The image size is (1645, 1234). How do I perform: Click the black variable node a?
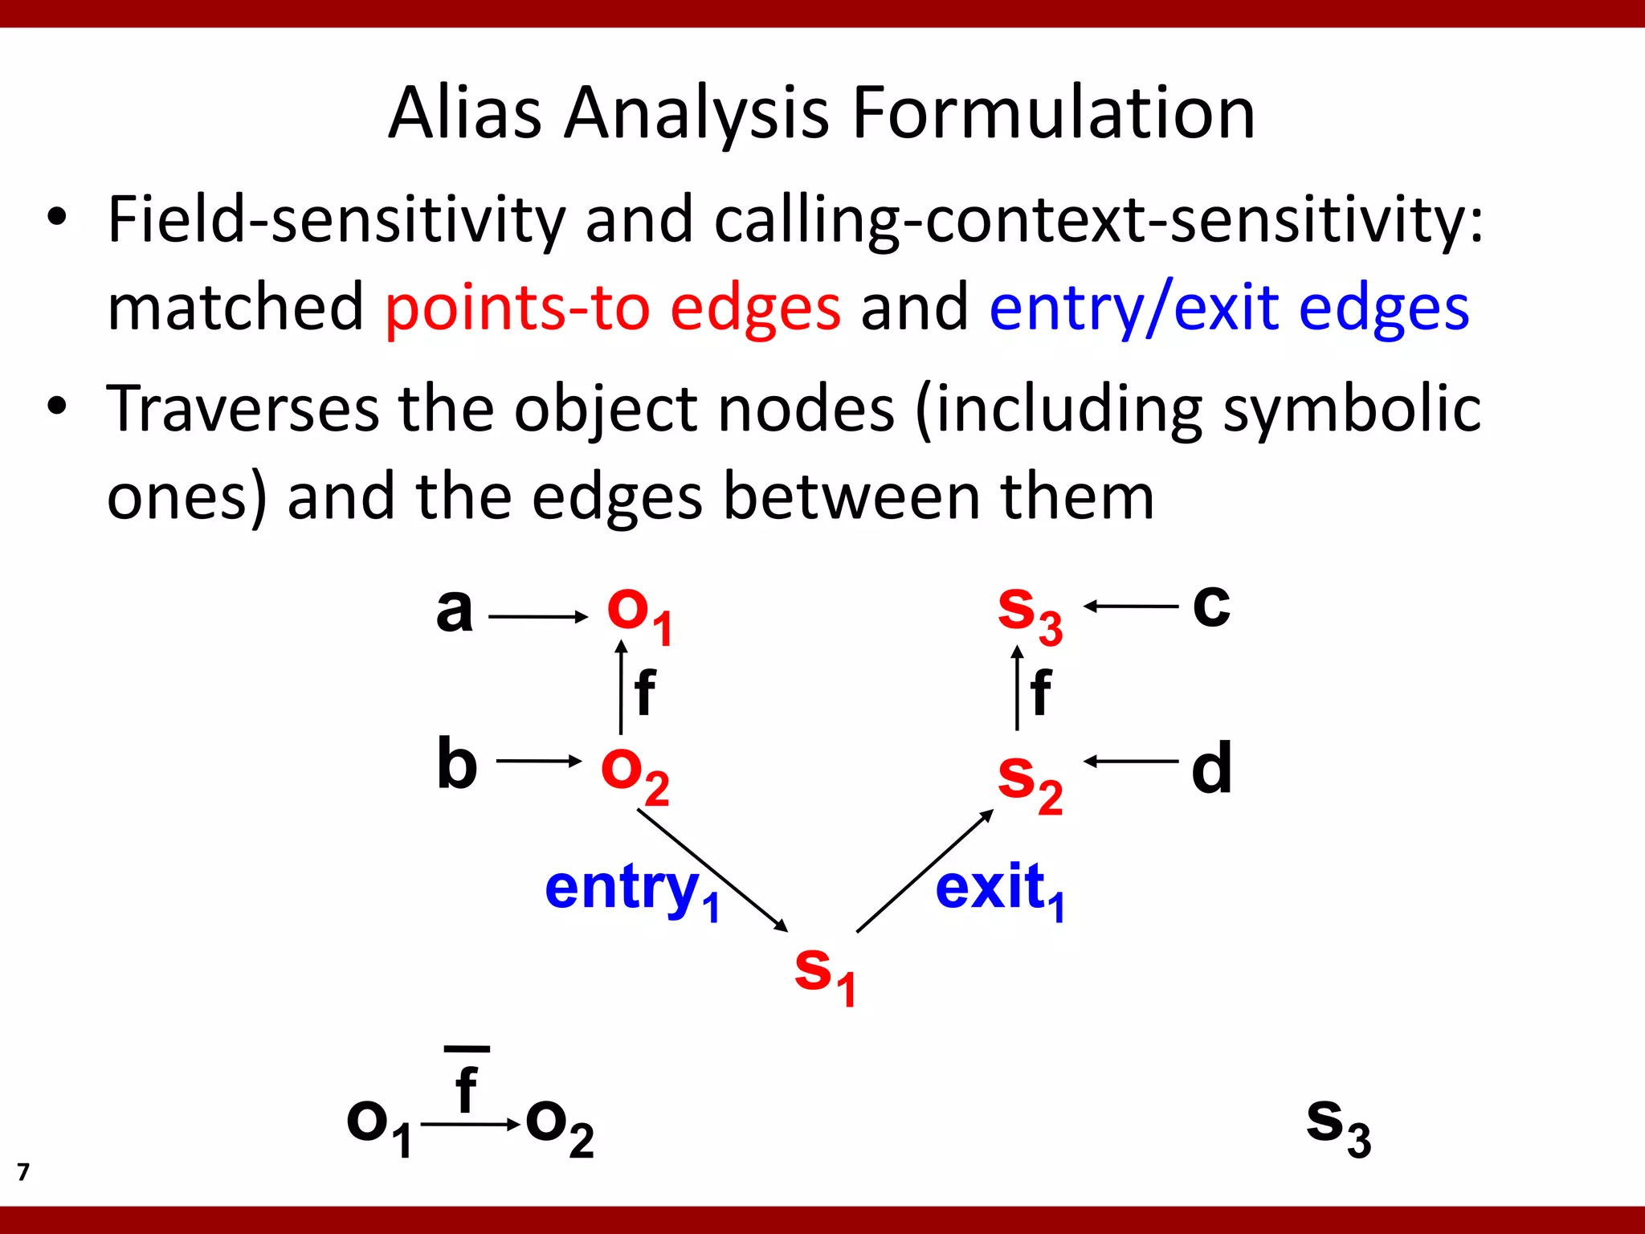click(x=454, y=611)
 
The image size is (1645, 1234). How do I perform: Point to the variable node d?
click(x=1211, y=768)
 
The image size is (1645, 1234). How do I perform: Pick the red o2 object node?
click(x=635, y=773)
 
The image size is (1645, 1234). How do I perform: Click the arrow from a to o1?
click(x=538, y=617)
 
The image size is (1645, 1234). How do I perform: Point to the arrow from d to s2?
click(x=1131, y=761)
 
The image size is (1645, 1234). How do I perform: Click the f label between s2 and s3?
click(x=1041, y=692)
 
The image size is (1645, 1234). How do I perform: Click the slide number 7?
click(x=23, y=1172)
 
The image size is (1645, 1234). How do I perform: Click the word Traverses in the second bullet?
click(x=243, y=409)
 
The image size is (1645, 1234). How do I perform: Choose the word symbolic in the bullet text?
click(x=1351, y=409)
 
